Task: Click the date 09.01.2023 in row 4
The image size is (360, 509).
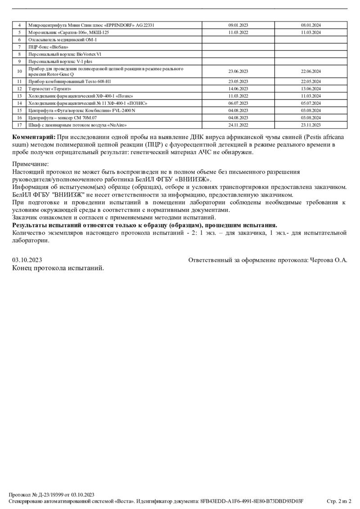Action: [x=238, y=25]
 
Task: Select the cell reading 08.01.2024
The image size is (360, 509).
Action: [x=310, y=25]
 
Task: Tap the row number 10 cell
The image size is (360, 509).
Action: [x=19, y=71]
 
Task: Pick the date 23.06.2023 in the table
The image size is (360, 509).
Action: [x=238, y=71]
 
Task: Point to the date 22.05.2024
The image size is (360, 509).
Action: [x=310, y=82]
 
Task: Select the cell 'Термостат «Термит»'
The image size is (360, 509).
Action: [x=50, y=89]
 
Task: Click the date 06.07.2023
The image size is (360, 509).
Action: [x=238, y=103]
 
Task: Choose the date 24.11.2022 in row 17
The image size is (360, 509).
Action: [x=238, y=125]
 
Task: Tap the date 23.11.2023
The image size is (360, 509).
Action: [x=310, y=125]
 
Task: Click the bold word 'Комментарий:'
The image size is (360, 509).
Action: [x=34, y=137]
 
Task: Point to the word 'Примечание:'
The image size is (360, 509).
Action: [x=31, y=165]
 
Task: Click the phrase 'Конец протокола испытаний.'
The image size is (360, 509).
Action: [x=58, y=268]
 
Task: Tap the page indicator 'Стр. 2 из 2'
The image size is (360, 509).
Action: [x=338, y=501]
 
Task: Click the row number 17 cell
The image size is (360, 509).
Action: [x=19, y=125]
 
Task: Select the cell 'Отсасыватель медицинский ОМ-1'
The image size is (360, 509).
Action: [x=63, y=40]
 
